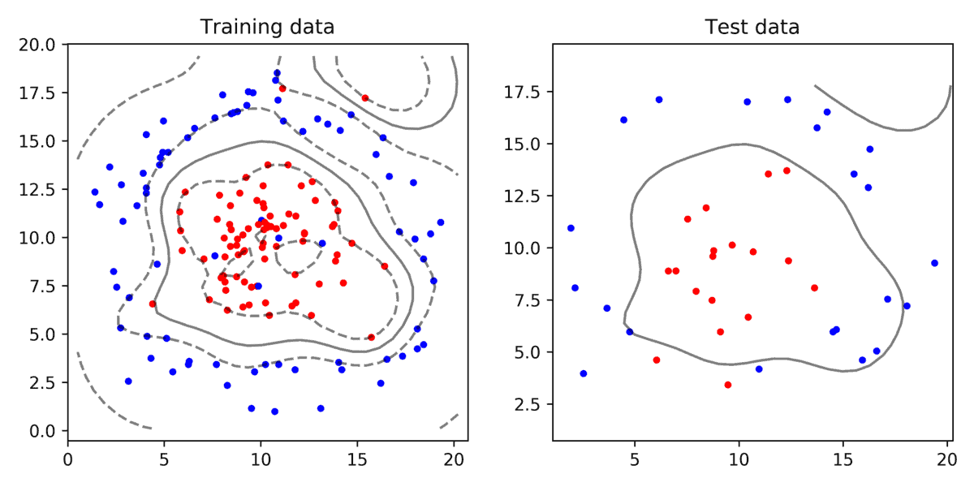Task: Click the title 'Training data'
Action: [x=267, y=27]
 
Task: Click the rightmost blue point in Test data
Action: [x=934, y=263]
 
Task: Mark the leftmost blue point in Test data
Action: [x=571, y=228]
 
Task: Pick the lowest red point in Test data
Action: [x=728, y=385]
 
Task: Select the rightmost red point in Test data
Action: [x=814, y=287]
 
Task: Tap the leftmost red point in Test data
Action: [x=657, y=360]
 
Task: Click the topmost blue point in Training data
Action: [x=277, y=73]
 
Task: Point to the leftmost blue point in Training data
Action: [x=95, y=192]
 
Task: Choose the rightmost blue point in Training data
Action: [x=441, y=222]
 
